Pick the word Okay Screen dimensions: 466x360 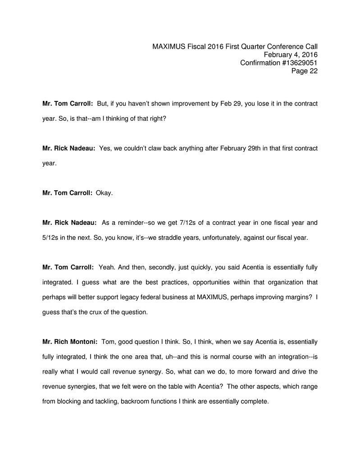click(105, 192)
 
